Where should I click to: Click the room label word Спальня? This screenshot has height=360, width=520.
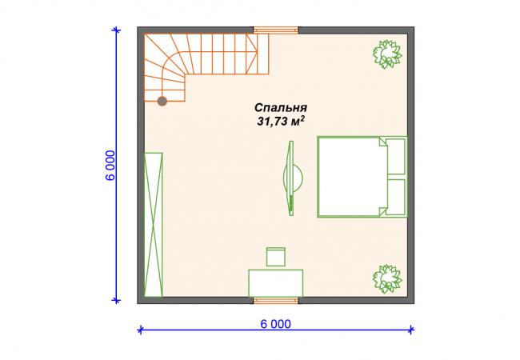[x=281, y=108]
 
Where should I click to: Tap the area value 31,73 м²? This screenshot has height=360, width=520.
[x=281, y=122]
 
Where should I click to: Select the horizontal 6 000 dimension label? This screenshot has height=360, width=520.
[x=275, y=324]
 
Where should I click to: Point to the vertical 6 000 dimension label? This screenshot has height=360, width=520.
[x=110, y=165]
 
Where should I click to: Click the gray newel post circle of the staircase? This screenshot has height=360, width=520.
[x=162, y=101]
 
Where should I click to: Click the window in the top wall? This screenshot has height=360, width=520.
[x=276, y=30]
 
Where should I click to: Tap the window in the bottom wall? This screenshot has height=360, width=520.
[x=276, y=300]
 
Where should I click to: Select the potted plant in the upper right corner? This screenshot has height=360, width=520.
[x=387, y=54]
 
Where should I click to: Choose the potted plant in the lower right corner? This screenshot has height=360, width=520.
[x=387, y=278]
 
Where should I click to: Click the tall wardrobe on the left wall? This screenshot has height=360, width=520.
[x=154, y=225]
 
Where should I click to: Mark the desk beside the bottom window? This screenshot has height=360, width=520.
[x=275, y=283]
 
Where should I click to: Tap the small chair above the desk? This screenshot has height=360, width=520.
[x=275, y=257]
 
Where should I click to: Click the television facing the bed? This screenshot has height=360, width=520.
[x=291, y=178]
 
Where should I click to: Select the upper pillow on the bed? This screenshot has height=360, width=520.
[x=396, y=157]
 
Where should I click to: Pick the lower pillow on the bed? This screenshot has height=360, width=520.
[x=396, y=197]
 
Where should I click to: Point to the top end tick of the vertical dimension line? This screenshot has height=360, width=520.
[x=116, y=30]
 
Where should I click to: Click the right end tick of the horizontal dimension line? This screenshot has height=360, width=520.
[x=411, y=330]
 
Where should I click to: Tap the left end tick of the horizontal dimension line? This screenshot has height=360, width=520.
[x=141, y=330]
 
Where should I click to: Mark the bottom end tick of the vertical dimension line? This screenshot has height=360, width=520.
[x=116, y=301]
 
